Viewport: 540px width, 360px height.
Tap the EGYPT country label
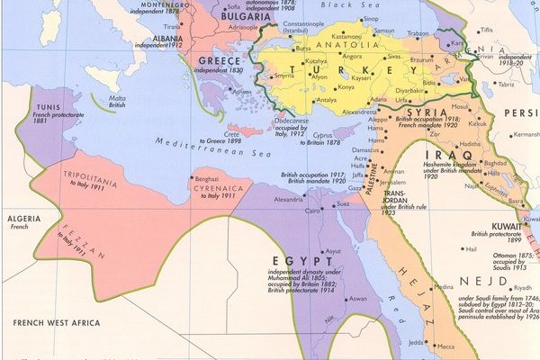pos(295,260)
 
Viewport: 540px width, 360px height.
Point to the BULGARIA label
pos(220,16)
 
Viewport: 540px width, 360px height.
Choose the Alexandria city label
pos(291,198)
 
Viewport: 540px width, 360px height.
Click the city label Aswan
pos(358,298)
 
